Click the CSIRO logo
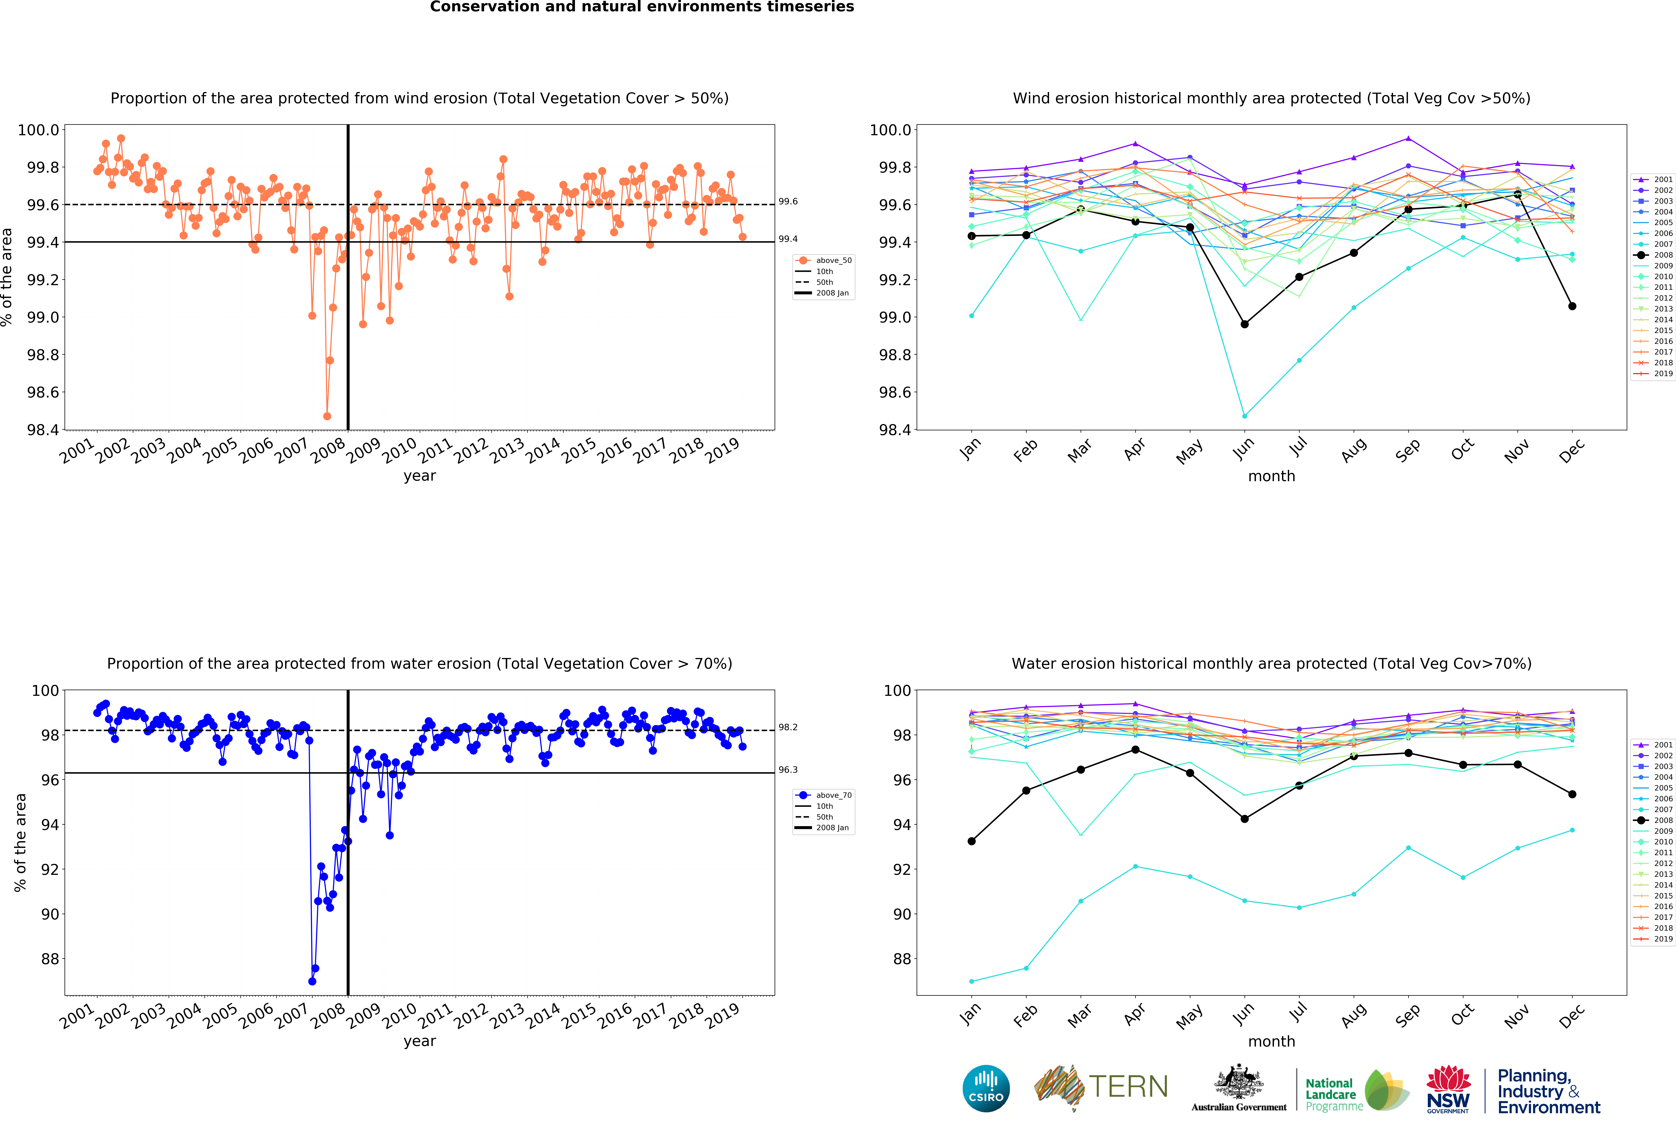(x=986, y=1088)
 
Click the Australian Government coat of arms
(x=1238, y=1081)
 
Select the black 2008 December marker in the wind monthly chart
(x=1572, y=306)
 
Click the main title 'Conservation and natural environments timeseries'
(x=642, y=7)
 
